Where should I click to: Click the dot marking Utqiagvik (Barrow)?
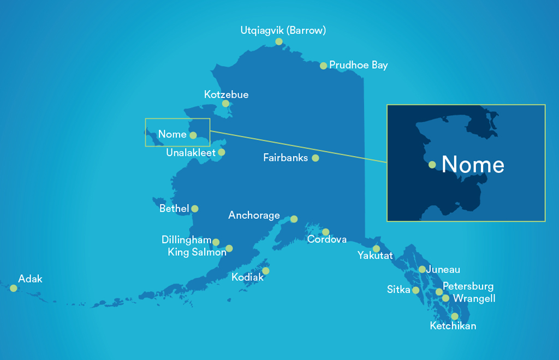point(279,41)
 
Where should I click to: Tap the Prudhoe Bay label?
point(358,65)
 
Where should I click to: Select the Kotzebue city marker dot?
point(225,104)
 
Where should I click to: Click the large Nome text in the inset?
point(473,164)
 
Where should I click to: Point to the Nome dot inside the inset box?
point(432,165)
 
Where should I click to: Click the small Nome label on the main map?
point(172,134)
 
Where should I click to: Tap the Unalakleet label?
point(191,153)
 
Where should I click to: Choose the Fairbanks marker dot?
point(316,158)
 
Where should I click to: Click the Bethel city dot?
point(195,208)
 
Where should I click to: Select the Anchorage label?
point(254,215)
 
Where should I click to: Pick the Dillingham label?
point(186,240)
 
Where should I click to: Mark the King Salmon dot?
point(229,249)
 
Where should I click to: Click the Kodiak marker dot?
point(266,271)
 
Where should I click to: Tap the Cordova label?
point(326,239)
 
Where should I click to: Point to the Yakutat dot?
point(377,249)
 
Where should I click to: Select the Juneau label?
point(443,269)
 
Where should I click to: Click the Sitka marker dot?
point(416,290)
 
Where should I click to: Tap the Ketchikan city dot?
point(455,316)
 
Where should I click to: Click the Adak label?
point(30,279)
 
